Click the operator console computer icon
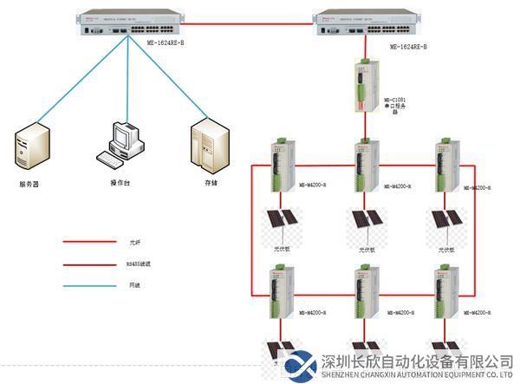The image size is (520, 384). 119,146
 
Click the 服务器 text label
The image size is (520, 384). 29,185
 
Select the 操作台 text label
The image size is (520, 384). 120,182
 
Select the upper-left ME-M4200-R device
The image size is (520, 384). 283,165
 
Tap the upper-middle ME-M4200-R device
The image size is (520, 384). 367,165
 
